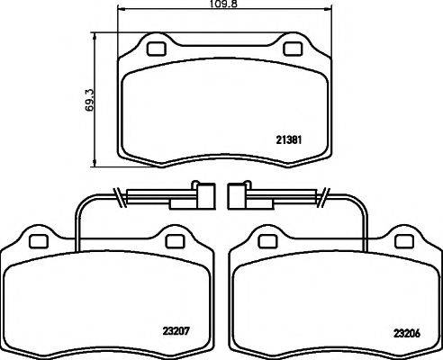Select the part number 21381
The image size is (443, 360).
click(x=287, y=139)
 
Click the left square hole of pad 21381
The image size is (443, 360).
click(x=154, y=49)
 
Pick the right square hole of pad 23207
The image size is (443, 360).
click(x=174, y=240)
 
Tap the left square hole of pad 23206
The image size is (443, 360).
click(x=267, y=240)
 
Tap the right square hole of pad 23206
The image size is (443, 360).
click(x=404, y=240)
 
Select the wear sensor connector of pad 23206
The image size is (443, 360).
click(x=239, y=195)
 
